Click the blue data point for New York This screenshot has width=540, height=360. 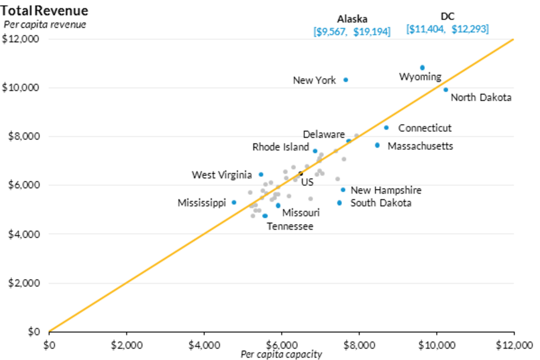[x=346, y=80]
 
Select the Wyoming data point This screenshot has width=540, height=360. [x=422, y=67]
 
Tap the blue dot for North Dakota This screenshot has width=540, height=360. [x=445, y=90]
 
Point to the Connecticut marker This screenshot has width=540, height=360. [x=386, y=128]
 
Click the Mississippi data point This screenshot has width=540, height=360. [x=234, y=202]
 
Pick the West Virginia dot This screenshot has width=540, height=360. [x=261, y=174]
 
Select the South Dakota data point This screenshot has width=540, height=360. [x=339, y=203]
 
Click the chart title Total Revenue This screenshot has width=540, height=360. [x=45, y=10]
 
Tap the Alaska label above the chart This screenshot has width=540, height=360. [x=352, y=19]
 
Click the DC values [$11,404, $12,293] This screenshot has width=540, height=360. [x=447, y=29]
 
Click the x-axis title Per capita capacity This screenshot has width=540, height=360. [x=281, y=355]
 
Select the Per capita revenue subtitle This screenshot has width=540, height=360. [x=45, y=24]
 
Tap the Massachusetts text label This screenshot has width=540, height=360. [x=420, y=146]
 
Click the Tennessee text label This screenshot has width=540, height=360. [x=290, y=226]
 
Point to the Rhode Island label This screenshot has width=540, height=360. [x=280, y=147]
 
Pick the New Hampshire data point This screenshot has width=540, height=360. [x=343, y=190]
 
